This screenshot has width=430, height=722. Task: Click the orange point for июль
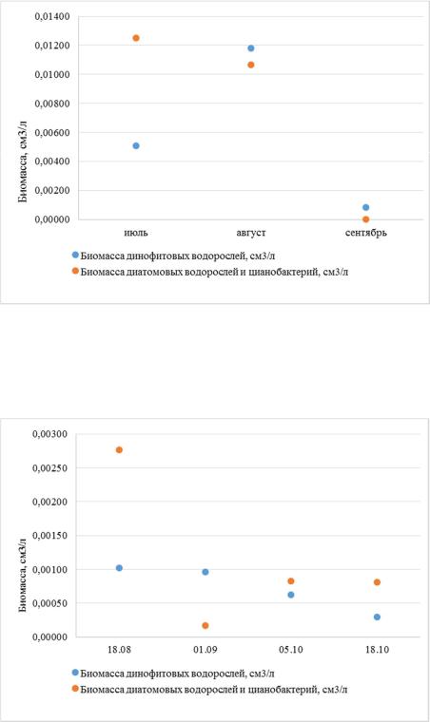[136, 38]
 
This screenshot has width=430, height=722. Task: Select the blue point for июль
[136, 146]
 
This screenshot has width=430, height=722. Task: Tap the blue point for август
[251, 48]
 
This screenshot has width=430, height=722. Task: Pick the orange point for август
[251, 65]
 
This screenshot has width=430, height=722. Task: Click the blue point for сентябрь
[366, 208]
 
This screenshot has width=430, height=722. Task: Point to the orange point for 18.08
[119, 450]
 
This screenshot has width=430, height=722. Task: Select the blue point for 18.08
[119, 568]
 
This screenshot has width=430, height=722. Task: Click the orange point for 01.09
[205, 626]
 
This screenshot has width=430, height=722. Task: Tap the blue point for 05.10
[291, 595]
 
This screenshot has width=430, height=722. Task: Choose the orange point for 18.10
[377, 582]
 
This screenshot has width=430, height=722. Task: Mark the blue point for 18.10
[377, 617]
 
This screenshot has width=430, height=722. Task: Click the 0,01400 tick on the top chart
[52, 16]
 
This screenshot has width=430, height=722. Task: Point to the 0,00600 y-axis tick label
[52, 133]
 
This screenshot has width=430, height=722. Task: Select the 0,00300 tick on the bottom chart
[49, 434]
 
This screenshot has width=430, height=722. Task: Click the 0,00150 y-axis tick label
[49, 536]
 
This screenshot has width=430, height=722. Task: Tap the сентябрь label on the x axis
[366, 233]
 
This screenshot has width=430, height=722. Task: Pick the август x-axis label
[251, 233]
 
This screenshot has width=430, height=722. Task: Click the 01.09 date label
[205, 650]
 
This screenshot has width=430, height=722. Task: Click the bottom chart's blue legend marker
[75, 674]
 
